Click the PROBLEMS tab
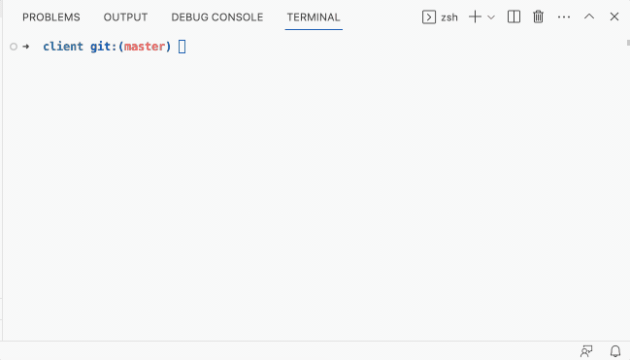[x=50, y=17]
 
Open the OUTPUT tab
[x=125, y=17]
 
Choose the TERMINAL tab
[x=314, y=17]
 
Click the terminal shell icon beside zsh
[x=429, y=17]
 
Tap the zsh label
[x=449, y=17]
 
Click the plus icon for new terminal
[x=475, y=17]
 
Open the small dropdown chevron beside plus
[x=491, y=17]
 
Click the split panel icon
[x=514, y=17]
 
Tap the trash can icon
[x=538, y=17]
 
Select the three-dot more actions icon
[x=564, y=17]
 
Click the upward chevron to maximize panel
[x=589, y=17]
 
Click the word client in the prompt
[x=62, y=47]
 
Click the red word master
[x=145, y=47]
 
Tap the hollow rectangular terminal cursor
[x=182, y=47]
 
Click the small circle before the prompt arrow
[x=12, y=47]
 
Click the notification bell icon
[x=614, y=350]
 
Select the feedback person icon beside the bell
[x=586, y=350]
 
